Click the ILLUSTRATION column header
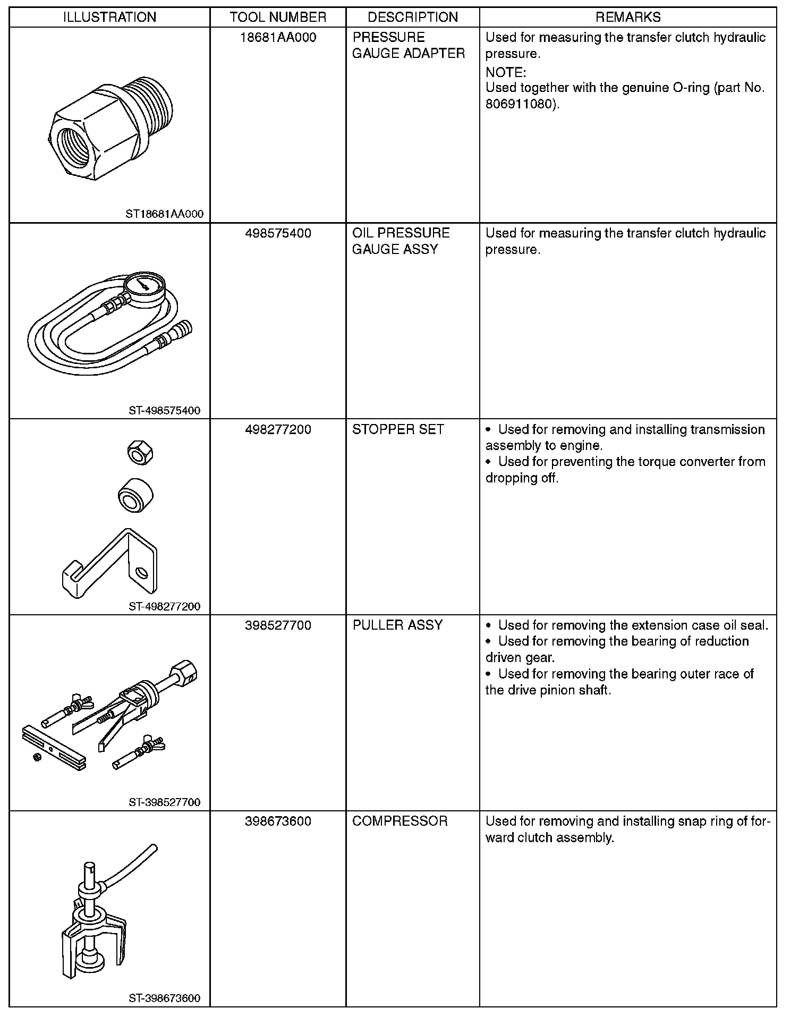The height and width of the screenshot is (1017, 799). [109, 17]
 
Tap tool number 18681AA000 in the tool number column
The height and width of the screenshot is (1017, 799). [278, 37]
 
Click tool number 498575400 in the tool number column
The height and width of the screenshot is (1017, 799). [278, 233]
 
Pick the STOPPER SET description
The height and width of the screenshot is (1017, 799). [398, 429]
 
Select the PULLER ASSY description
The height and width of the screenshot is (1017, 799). [397, 625]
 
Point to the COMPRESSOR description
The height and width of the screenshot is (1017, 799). [399, 821]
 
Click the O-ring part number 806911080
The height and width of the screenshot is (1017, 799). [519, 104]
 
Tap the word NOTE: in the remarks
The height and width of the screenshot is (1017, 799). [505, 72]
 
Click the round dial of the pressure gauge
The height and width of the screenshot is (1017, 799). [145, 287]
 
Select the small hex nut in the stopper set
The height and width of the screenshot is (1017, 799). [140, 453]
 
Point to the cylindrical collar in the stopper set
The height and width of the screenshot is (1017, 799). [135, 495]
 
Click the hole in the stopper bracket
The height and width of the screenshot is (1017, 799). [142, 572]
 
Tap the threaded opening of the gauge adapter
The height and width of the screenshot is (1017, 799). [74, 145]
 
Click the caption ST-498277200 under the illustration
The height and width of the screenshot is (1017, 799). [164, 606]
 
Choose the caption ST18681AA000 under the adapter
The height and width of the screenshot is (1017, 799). [164, 214]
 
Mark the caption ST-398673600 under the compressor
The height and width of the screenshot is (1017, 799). [164, 998]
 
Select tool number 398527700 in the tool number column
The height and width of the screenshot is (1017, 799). [278, 625]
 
